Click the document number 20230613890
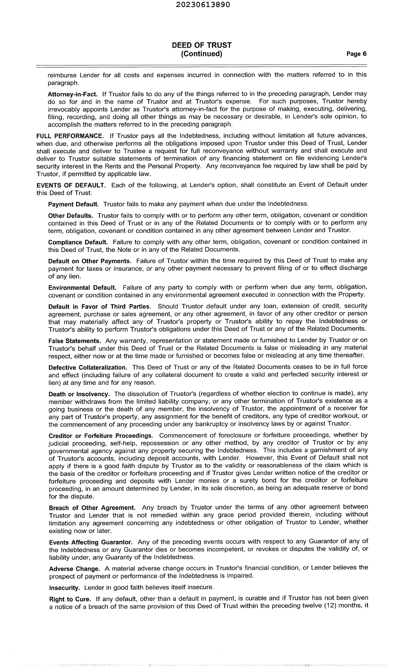coord(203,5)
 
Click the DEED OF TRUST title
coord(201,45)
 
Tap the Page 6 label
coord(356,54)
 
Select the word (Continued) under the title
coord(201,54)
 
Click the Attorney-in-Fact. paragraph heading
coord(72,94)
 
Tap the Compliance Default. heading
coord(78,242)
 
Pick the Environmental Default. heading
coord(82,287)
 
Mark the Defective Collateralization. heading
coord(88,367)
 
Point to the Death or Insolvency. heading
coord(79,394)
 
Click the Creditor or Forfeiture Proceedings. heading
coord(101,436)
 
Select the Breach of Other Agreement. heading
coord(92,508)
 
